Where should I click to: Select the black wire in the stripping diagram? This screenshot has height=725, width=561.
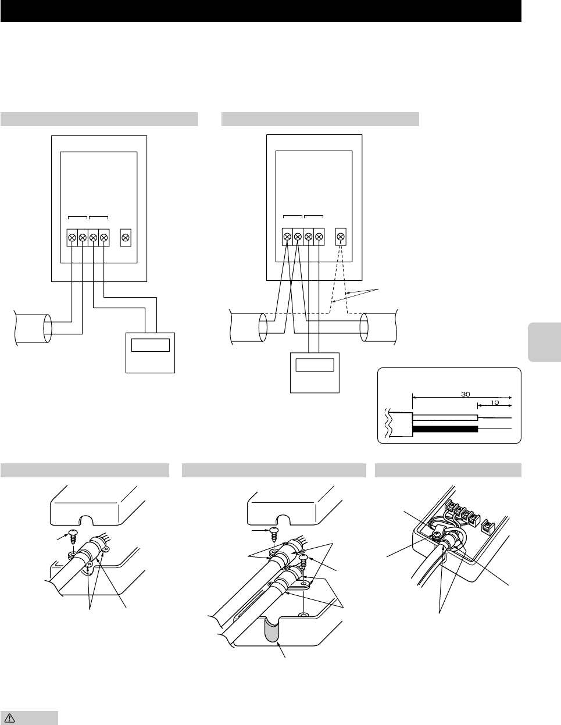coord(445,429)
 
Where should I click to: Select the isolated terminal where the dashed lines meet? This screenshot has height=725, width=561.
coord(342,237)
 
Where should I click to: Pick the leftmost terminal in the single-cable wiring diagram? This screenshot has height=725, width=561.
coord(72,237)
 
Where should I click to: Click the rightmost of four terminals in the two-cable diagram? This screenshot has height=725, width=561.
coord(319,237)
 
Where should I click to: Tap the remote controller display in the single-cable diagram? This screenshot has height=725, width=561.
coord(151,344)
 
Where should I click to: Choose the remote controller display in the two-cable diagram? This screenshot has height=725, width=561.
coord(315,365)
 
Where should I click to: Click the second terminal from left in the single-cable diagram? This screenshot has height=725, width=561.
coord(83,237)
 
